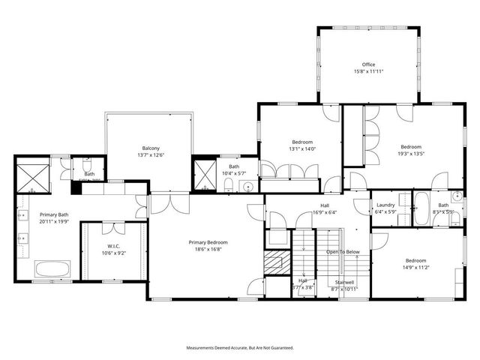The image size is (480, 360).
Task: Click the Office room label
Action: point(367,64)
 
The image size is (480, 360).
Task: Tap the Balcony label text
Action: point(150,148)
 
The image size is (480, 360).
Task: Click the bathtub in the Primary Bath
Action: point(53,269)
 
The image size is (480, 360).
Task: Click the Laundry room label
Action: point(385,205)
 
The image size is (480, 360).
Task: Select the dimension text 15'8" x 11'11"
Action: point(367,71)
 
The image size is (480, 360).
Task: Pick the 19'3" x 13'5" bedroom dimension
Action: point(410,154)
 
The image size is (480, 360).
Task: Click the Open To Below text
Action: point(343,252)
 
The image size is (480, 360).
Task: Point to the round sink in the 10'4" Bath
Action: point(246,187)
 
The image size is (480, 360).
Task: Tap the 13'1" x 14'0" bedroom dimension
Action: point(302,148)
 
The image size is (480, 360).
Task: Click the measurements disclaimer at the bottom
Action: point(240,348)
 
